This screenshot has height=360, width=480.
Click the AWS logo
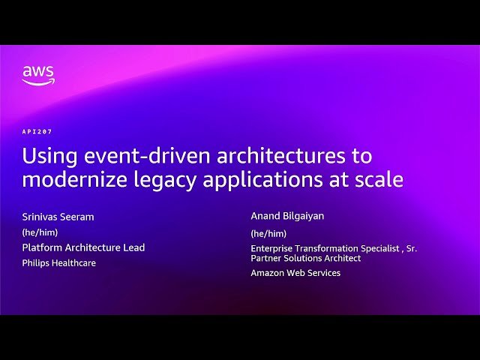[x=37, y=75]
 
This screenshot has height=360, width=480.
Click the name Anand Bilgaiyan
[x=288, y=216]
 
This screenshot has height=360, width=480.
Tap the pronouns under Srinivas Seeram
[x=40, y=232]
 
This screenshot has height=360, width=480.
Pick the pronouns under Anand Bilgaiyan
[x=268, y=233]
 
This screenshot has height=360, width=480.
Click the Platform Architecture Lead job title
[x=83, y=247]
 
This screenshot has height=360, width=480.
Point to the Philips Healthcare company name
[x=58, y=263]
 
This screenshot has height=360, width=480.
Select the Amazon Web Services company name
[x=295, y=273]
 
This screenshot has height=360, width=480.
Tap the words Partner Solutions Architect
[x=305, y=258]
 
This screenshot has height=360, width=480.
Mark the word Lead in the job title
[x=133, y=247]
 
